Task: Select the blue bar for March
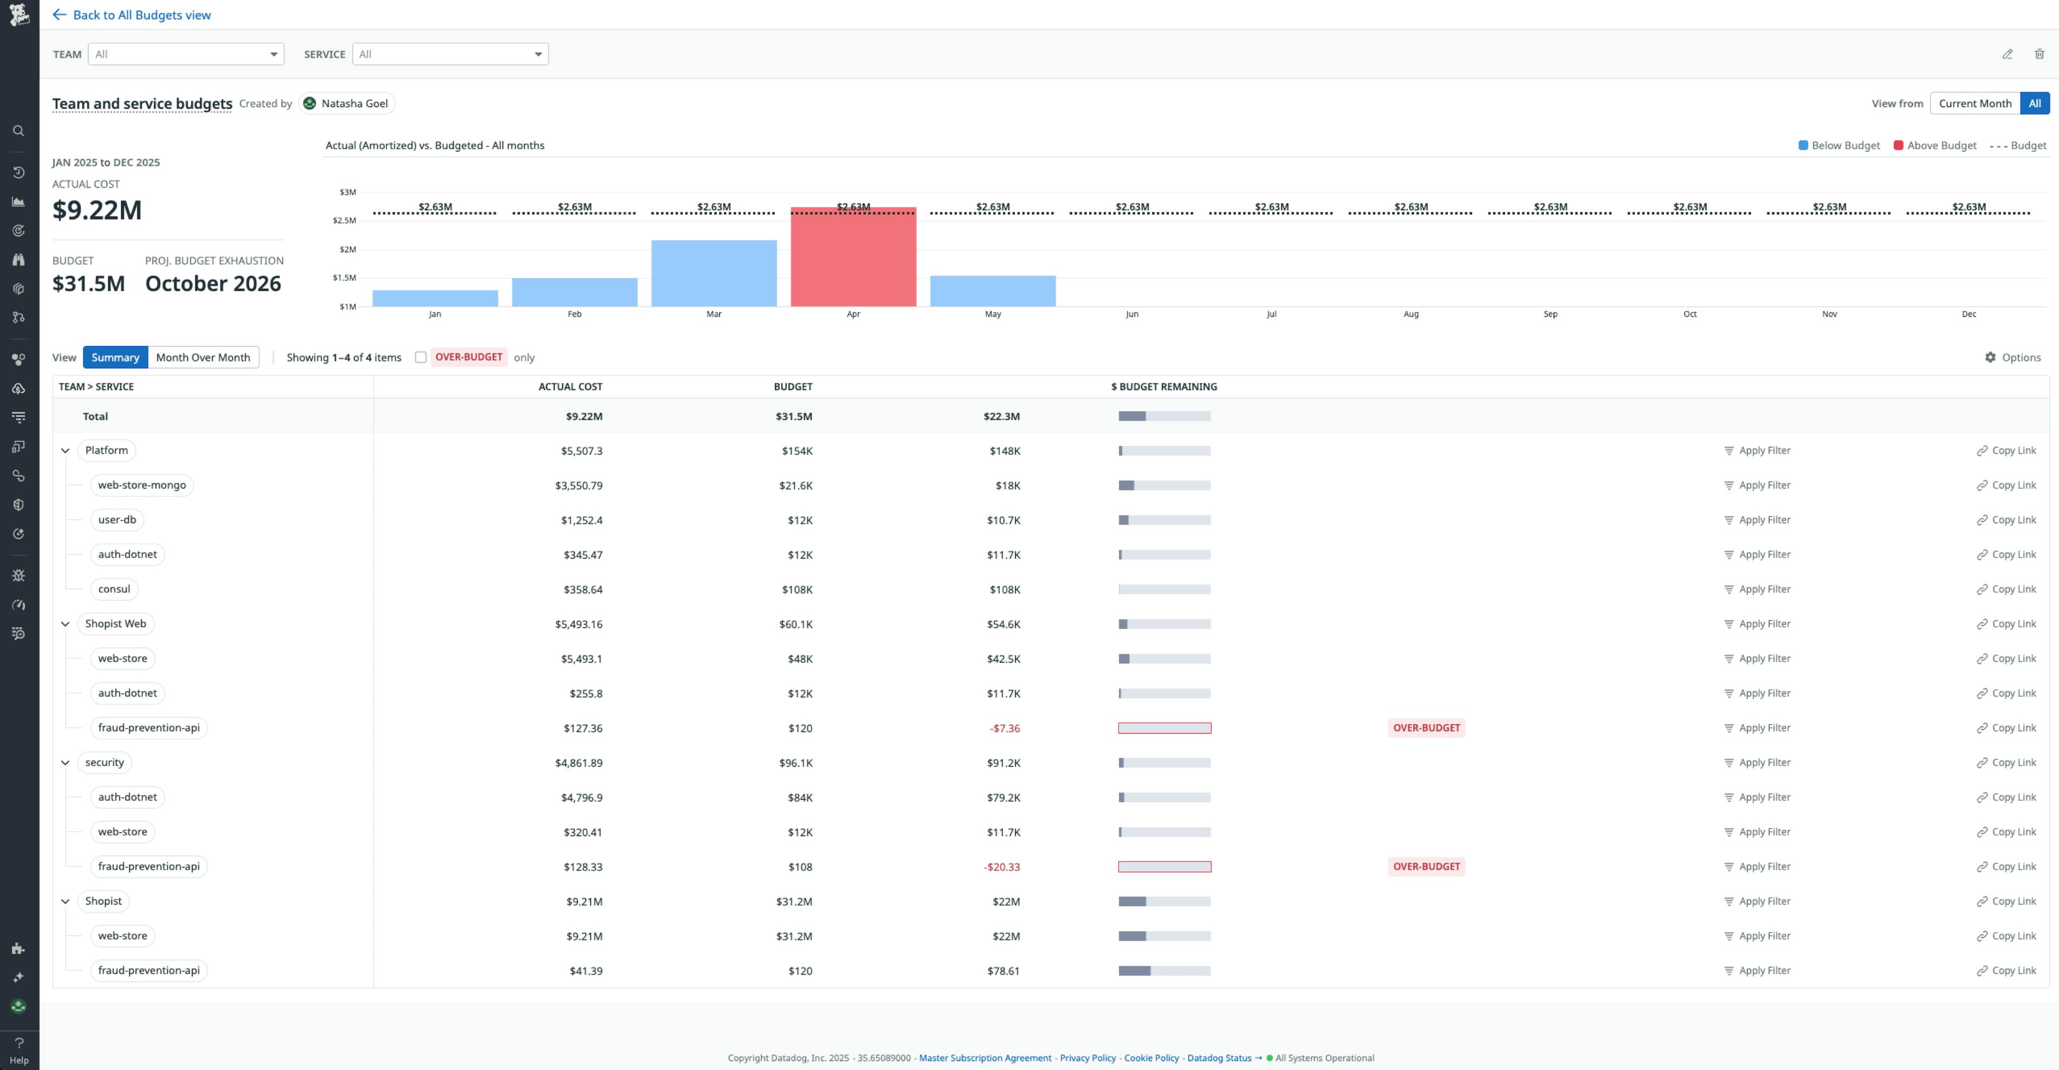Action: point(714,274)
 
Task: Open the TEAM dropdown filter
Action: point(185,54)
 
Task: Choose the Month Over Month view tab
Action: point(203,357)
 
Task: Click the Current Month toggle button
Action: point(1974,103)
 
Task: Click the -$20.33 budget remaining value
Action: point(1001,867)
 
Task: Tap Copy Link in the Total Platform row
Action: point(2006,451)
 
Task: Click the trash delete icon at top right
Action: point(2039,54)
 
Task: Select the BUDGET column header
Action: point(792,387)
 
